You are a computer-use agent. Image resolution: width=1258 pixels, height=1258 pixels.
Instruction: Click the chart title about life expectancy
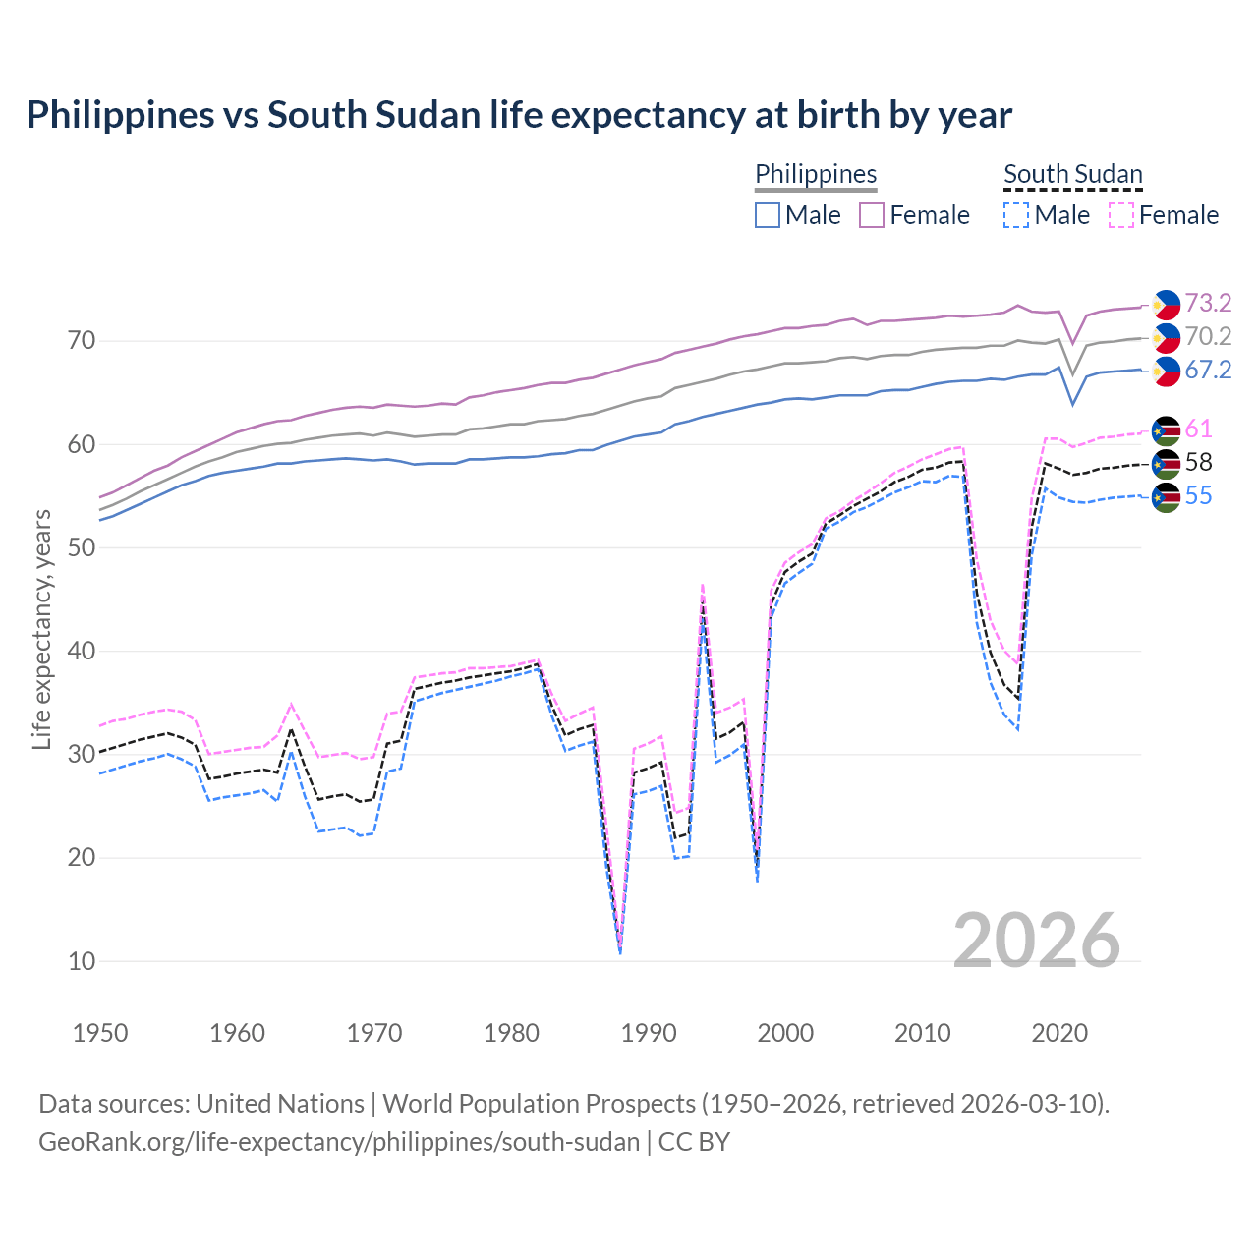(x=518, y=115)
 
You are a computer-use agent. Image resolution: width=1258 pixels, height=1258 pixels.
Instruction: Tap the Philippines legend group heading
(x=816, y=174)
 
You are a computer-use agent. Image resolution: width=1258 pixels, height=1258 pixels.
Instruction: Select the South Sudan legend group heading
(x=1072, y=174)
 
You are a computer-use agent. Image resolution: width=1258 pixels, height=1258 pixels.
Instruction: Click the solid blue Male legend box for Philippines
(x=768, y=215)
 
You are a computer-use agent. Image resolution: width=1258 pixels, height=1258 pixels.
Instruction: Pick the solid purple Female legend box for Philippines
(x=873, y=215)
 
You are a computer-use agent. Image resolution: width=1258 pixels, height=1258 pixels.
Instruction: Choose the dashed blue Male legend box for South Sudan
(x=1016, y=215)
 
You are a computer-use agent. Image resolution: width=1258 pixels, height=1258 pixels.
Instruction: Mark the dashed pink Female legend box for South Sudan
(x=1121, y=215)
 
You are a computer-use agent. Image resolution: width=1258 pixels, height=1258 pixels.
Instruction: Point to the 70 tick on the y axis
(x=82, y=341)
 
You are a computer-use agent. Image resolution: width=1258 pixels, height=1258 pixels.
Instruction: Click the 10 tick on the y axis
(x=82, y=961)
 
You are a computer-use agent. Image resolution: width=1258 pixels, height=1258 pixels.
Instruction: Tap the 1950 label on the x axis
(x=100, y=1033)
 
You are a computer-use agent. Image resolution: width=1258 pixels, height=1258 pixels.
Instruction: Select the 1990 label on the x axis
(x=649, y=1033)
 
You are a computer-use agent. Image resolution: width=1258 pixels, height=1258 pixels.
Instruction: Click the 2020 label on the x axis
(x=1059, y=1033)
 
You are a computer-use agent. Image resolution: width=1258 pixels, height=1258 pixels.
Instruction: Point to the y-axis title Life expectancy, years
(x=41, y=629)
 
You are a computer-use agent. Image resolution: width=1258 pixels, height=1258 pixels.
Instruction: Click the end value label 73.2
(x=1208, y=303)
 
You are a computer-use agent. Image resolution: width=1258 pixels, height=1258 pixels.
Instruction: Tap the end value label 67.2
(x=1208, y=370)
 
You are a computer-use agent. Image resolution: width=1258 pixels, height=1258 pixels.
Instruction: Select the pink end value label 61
(x=1198, y=429)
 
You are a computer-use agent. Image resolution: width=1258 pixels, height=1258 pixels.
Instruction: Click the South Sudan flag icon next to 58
(x=1166, y=463)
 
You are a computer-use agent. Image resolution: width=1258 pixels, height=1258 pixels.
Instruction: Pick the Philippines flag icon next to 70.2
(x=1166, y=337)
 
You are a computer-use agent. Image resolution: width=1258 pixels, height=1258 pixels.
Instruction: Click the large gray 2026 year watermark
(x=1037, y=941)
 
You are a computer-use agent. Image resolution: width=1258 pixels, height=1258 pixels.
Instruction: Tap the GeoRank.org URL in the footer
(x=339, y=1142)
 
